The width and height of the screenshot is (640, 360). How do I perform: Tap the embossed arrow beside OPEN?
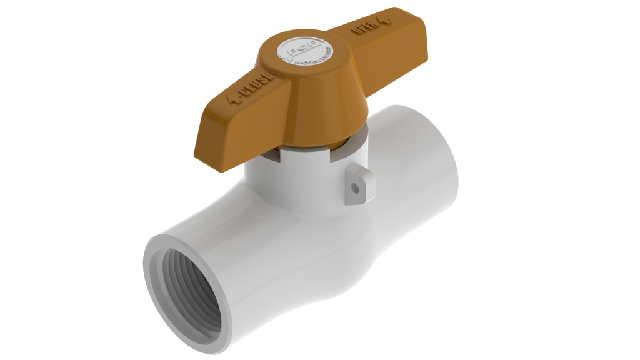click(x=386, y=21)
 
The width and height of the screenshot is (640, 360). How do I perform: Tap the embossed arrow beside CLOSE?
click(x=237, y=99)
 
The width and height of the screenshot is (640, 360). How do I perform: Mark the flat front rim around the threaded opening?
click(x=153, y=294)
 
